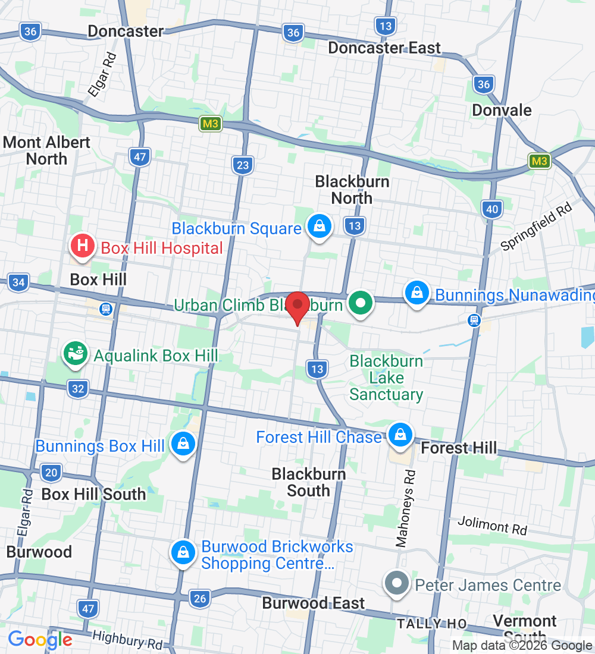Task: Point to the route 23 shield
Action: click(x=243, y=165)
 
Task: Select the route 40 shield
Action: click(x=492, y=208)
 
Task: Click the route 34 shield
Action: click(x=18, y=282)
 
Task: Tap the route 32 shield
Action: click(x=79, y=389)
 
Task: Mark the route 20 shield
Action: click(x=52, y=473)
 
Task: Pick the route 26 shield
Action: click(x=200, y=598)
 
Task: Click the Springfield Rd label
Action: click(x=536, y=226)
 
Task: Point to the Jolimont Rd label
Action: click(x=493, y=525)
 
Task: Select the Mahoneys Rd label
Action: click(x=406, y=508)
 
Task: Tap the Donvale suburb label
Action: click(x=502, y=110)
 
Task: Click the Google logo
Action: click(x=40, y=640)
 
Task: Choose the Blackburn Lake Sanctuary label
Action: click(x=386, y=378)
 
